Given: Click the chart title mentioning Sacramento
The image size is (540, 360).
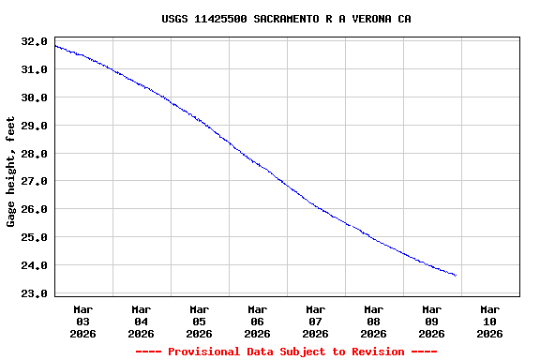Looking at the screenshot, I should (x=286, y=19).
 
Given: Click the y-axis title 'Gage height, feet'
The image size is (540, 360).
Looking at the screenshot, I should (x=11, y=172).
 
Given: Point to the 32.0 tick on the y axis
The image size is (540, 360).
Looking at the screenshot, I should (x=34, y=41).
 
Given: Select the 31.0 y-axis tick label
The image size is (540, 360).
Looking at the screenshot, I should (x=34, y=69).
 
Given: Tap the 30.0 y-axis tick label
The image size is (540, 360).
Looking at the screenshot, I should (x=34, y=97).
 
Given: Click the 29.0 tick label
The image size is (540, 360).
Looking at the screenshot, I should (x=34, y=126).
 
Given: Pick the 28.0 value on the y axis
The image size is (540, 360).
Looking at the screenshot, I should (x=34, y=154).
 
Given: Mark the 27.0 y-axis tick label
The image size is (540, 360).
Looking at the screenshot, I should (x=34, y=181).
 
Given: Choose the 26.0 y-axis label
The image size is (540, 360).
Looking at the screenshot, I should (x=34, y=209).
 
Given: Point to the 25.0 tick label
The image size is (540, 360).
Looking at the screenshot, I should (x=34, y=237).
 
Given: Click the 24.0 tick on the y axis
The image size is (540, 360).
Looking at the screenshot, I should (x=34, y=265).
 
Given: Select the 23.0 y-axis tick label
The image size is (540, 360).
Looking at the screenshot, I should (x=34, y=293).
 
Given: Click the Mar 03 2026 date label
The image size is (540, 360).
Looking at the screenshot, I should (x=83, y=321).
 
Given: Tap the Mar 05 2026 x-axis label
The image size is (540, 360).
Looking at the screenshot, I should (x=200, y=321).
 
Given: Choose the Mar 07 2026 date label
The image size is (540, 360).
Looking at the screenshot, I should (x=316, y=321).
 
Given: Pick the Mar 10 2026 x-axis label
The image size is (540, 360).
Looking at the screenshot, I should (x=489, y=321).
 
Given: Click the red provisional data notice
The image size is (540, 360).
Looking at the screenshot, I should (x=286, y=352).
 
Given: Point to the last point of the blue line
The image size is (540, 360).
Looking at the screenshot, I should (x=456, y=276).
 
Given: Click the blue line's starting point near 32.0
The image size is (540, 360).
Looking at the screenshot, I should (x=55, y=45).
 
